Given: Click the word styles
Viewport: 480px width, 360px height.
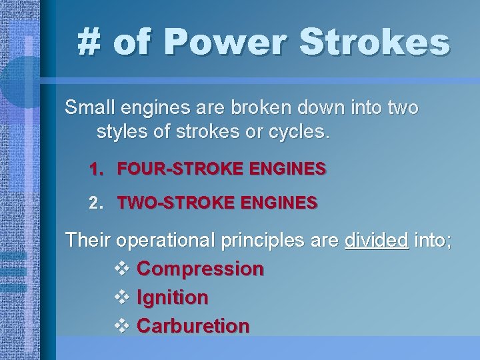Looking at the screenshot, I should point(123,131).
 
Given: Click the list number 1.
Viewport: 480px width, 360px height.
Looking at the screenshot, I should point(97,169).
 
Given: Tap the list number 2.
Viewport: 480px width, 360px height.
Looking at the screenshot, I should point(97,202).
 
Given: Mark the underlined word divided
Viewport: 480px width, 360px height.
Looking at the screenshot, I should point(376,240).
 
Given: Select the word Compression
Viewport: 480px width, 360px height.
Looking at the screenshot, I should point(200,269).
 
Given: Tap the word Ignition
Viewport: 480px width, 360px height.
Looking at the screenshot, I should point(172,298).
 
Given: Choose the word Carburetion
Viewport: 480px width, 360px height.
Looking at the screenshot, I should point(193,326).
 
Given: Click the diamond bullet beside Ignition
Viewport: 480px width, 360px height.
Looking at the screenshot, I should point(121,298).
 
